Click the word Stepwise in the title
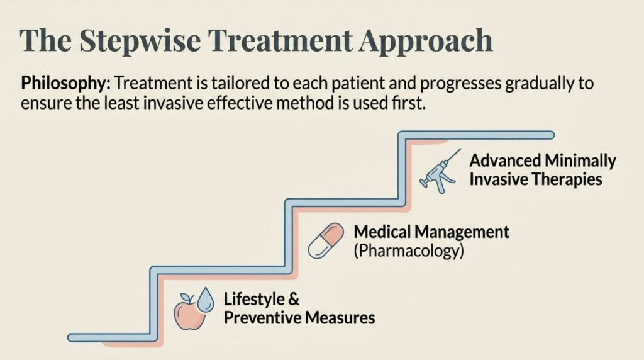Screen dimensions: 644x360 coord(140,42)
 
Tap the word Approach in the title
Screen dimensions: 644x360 coord(425,42)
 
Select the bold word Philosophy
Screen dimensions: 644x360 coord(65,84)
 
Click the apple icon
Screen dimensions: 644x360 coord(189,313)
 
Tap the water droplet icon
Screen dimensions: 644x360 coord(206,299)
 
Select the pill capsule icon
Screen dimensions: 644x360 coord(326,240)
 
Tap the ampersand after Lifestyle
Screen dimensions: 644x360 coord(294,300)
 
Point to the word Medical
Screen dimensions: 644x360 coord(382,232)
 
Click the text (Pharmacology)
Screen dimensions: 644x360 coord(409,251)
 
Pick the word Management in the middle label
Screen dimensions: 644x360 coord(462,233)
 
